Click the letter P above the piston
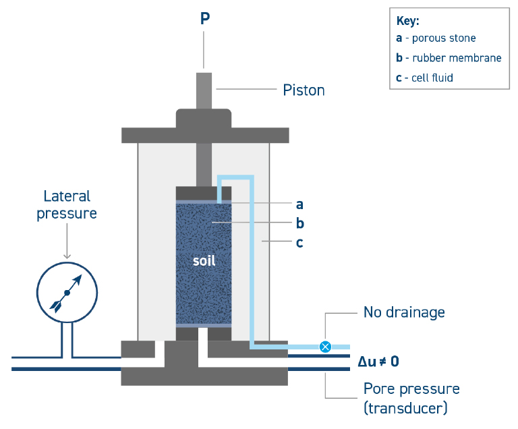[204, 18]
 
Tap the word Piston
[304, 90]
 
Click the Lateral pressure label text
[66, 204]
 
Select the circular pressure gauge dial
[66, 292]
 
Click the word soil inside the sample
[204, 260]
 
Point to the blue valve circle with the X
[325, 347]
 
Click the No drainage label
[404, 312]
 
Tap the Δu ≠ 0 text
[378, 362]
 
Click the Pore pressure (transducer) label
[411, 398]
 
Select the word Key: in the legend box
[408, 21]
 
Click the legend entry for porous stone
[436, 38]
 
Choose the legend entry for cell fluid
[424, 78]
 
